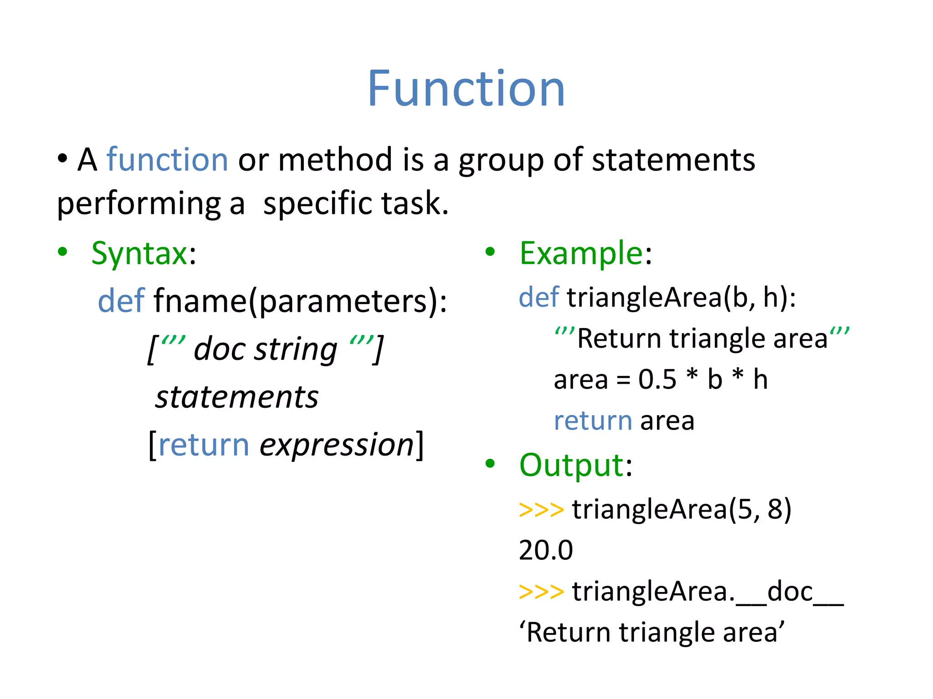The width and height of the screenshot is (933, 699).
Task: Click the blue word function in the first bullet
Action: point(167,160)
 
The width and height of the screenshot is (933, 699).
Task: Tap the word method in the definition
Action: point(335,160)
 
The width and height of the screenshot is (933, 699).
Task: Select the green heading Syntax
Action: point(139,253)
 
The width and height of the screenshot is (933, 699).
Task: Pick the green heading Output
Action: point(571,465)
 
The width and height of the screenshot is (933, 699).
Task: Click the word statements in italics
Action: point(237,397)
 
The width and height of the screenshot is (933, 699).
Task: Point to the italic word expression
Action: point(336,445)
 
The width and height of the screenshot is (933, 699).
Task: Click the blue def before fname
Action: point(121,301)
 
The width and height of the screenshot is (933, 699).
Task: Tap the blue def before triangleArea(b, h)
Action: point(538,298)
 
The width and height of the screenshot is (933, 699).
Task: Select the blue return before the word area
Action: point(593,420)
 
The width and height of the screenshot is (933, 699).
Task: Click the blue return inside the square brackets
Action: point(204,445)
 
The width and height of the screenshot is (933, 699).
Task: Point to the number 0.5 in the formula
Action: point(657,379)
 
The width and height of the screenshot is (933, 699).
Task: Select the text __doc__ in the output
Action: point(790,593)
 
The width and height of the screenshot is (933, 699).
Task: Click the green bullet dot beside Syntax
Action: point(63,252)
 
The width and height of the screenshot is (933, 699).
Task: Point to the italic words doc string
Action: point(266,349)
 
